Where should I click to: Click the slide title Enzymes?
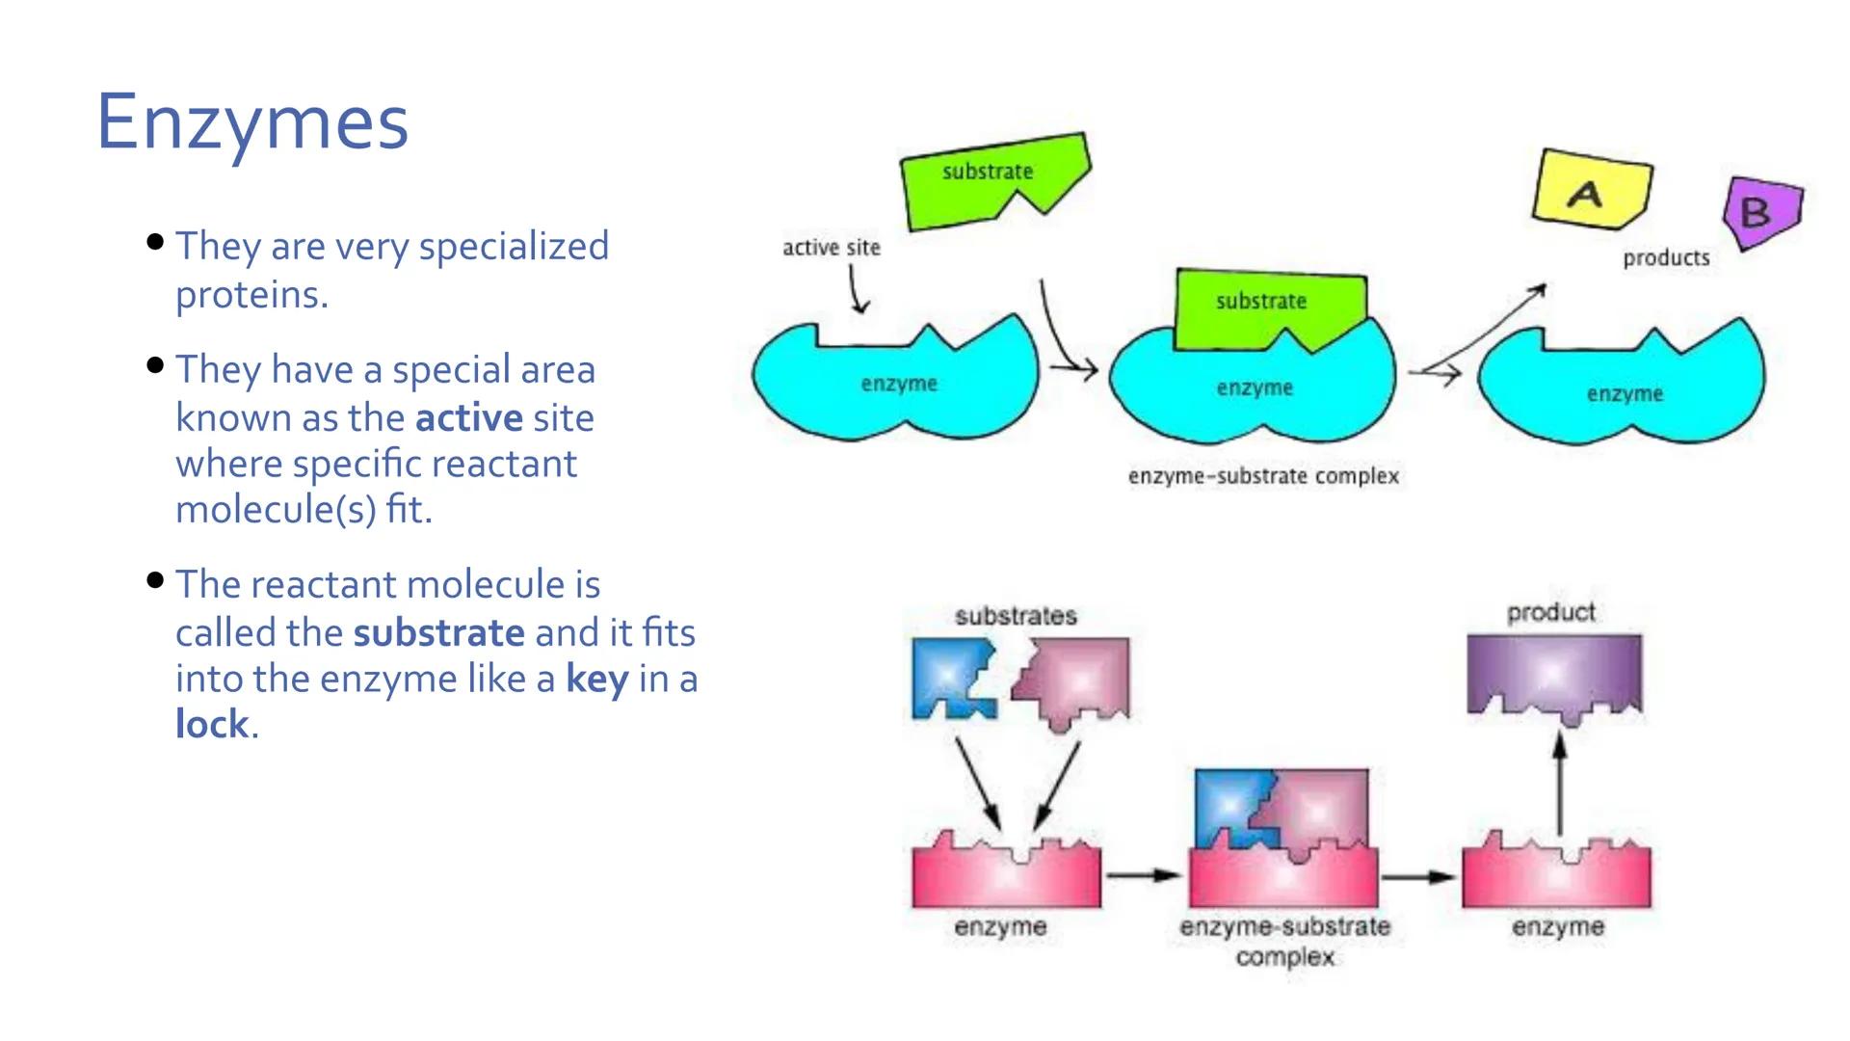[252, 122]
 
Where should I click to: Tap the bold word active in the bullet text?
[468, 418]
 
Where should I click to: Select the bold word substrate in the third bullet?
[438, 633]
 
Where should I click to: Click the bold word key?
[596, 680]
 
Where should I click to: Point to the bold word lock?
[212, 725]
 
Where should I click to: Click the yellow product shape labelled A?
[1591, 190]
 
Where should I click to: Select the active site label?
[831, 248]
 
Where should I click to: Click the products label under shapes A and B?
[1666, 258]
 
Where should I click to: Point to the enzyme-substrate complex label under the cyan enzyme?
[1263, 476]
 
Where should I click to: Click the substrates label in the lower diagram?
[1016, 616]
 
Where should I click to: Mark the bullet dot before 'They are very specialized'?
[155, 242]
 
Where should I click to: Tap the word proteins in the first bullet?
[250, 295]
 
